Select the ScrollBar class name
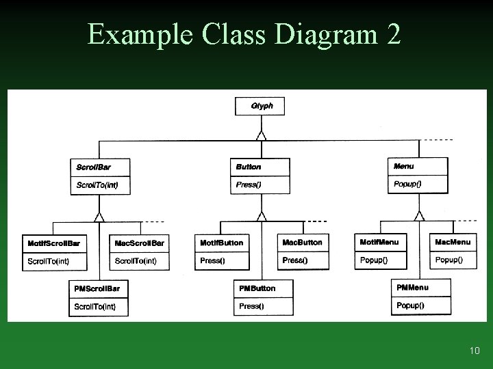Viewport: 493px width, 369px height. point(93,167)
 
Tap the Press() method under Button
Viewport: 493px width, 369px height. point(249,184)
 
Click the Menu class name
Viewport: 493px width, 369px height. point(404,166)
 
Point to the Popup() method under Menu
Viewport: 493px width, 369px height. point(407,184)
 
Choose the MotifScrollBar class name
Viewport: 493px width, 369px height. point(53,243)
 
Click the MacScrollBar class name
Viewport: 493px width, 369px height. point(140,243)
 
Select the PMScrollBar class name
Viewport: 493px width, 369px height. point(97,288)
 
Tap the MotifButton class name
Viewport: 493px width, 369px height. point(221,243)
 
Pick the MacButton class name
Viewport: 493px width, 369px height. point(302,243)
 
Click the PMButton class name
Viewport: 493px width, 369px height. point(257,288)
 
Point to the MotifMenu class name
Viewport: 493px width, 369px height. point(379,242)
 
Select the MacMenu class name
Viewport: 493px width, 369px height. point(453,242)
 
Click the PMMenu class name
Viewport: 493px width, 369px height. point(412,288)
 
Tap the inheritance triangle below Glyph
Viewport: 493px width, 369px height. point(261,135)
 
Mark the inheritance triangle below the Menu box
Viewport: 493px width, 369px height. point(420,216)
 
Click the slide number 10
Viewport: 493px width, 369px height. point(475,351)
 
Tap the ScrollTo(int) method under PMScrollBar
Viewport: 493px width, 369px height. point(94,307)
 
